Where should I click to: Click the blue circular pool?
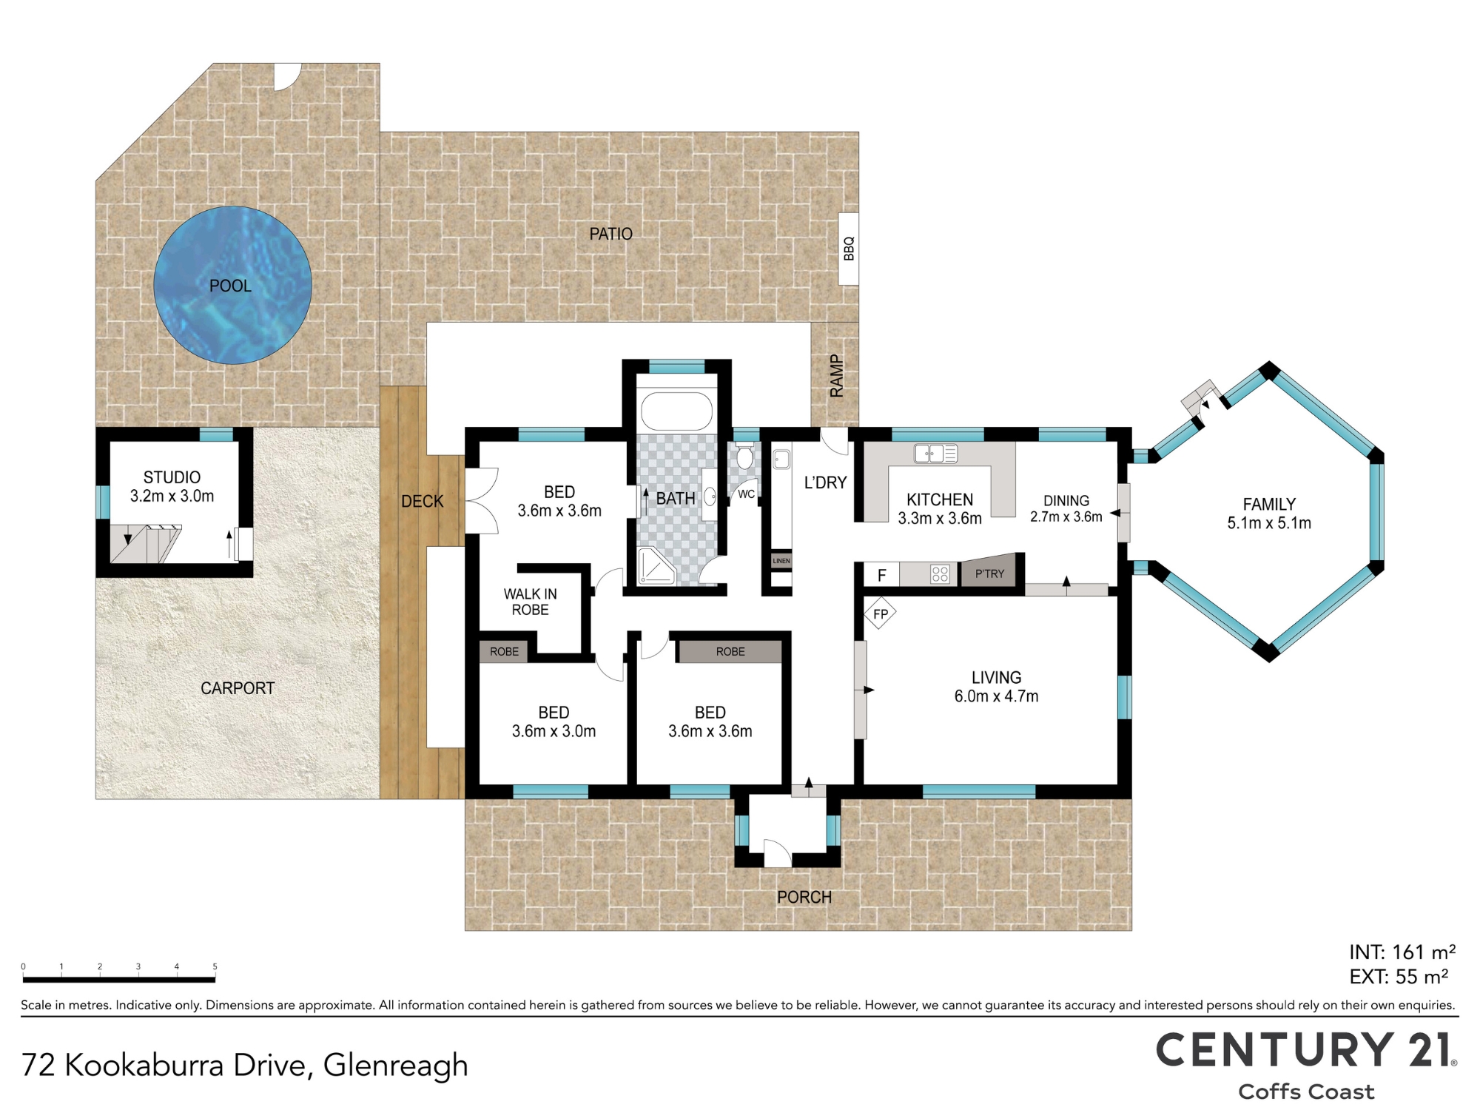point(232,285)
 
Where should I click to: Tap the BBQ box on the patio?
point(848,249)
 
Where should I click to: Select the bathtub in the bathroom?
point(676,411)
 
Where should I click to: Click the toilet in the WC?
point(744,456)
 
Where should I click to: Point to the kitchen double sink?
point(935,453)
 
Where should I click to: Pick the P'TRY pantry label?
point(989,573)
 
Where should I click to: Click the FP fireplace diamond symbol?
point(880,613)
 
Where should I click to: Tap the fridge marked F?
point(881,575)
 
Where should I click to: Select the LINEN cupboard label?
point(781,561)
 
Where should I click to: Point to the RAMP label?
point(836,376)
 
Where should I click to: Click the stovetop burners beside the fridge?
point(940,573)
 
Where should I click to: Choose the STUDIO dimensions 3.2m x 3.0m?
point(172,497)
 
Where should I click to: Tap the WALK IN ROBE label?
point(531,602)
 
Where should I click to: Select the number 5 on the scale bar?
point(215,966)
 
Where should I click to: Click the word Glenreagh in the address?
point(396,1066)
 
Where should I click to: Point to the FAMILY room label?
point(1269,504)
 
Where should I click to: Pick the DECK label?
point(422,502)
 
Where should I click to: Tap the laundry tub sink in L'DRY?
point(781,460)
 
